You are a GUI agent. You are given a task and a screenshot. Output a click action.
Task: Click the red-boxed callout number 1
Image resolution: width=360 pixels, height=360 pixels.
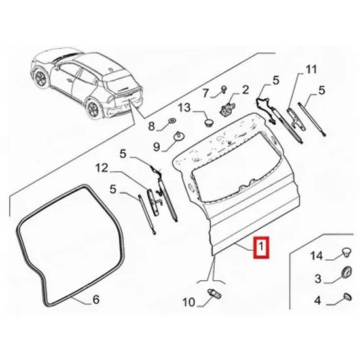click(x=261, y=247)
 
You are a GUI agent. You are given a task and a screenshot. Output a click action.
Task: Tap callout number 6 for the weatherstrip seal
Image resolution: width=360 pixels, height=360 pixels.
click(x=96, y=299)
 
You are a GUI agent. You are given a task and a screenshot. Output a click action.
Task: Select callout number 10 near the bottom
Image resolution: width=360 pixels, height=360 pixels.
click(x=189, y=302)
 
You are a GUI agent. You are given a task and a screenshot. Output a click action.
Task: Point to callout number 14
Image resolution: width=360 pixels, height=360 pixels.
click(x=317, y=255)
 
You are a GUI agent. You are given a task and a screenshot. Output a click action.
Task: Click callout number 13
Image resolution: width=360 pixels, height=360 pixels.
click(x=185, y=107)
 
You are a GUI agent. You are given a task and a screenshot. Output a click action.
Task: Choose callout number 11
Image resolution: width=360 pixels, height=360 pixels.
click(x=312, y=69)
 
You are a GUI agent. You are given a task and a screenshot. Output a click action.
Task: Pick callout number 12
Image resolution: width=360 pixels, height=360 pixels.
click(x=101, y=168)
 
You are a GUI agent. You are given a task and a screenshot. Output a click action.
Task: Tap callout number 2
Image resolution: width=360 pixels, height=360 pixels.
click(x=245, y=90)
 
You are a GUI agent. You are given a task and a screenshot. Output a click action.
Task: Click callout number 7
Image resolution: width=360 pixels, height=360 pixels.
click(x=206, y=93)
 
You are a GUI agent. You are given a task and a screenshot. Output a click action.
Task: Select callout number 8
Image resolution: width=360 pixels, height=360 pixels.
click(x=152, y=126)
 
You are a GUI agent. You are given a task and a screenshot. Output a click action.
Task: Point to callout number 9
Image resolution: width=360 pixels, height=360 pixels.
click(x=156, y=147)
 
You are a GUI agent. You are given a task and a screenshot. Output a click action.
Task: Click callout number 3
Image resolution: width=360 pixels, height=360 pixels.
click(x=317, y=279)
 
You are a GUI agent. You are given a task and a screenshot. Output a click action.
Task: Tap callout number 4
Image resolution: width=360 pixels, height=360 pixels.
click(x=317, y=300)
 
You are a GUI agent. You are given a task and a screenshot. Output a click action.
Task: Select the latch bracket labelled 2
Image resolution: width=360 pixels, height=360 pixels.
click(x=228, y=108)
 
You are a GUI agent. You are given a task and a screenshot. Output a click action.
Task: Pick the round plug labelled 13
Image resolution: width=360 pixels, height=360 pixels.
click(x=208, y=122)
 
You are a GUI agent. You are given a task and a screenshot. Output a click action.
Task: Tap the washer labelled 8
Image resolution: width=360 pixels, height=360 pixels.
click(x=172, y=120)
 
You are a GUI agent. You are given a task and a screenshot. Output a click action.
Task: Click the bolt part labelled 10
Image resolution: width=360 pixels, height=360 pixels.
click(x=214, y=294)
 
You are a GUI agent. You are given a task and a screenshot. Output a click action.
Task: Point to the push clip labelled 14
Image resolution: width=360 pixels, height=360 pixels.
click(x=346, y=253)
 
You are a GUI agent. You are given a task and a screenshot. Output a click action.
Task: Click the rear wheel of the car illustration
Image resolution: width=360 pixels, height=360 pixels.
click(x=93, y=109)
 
